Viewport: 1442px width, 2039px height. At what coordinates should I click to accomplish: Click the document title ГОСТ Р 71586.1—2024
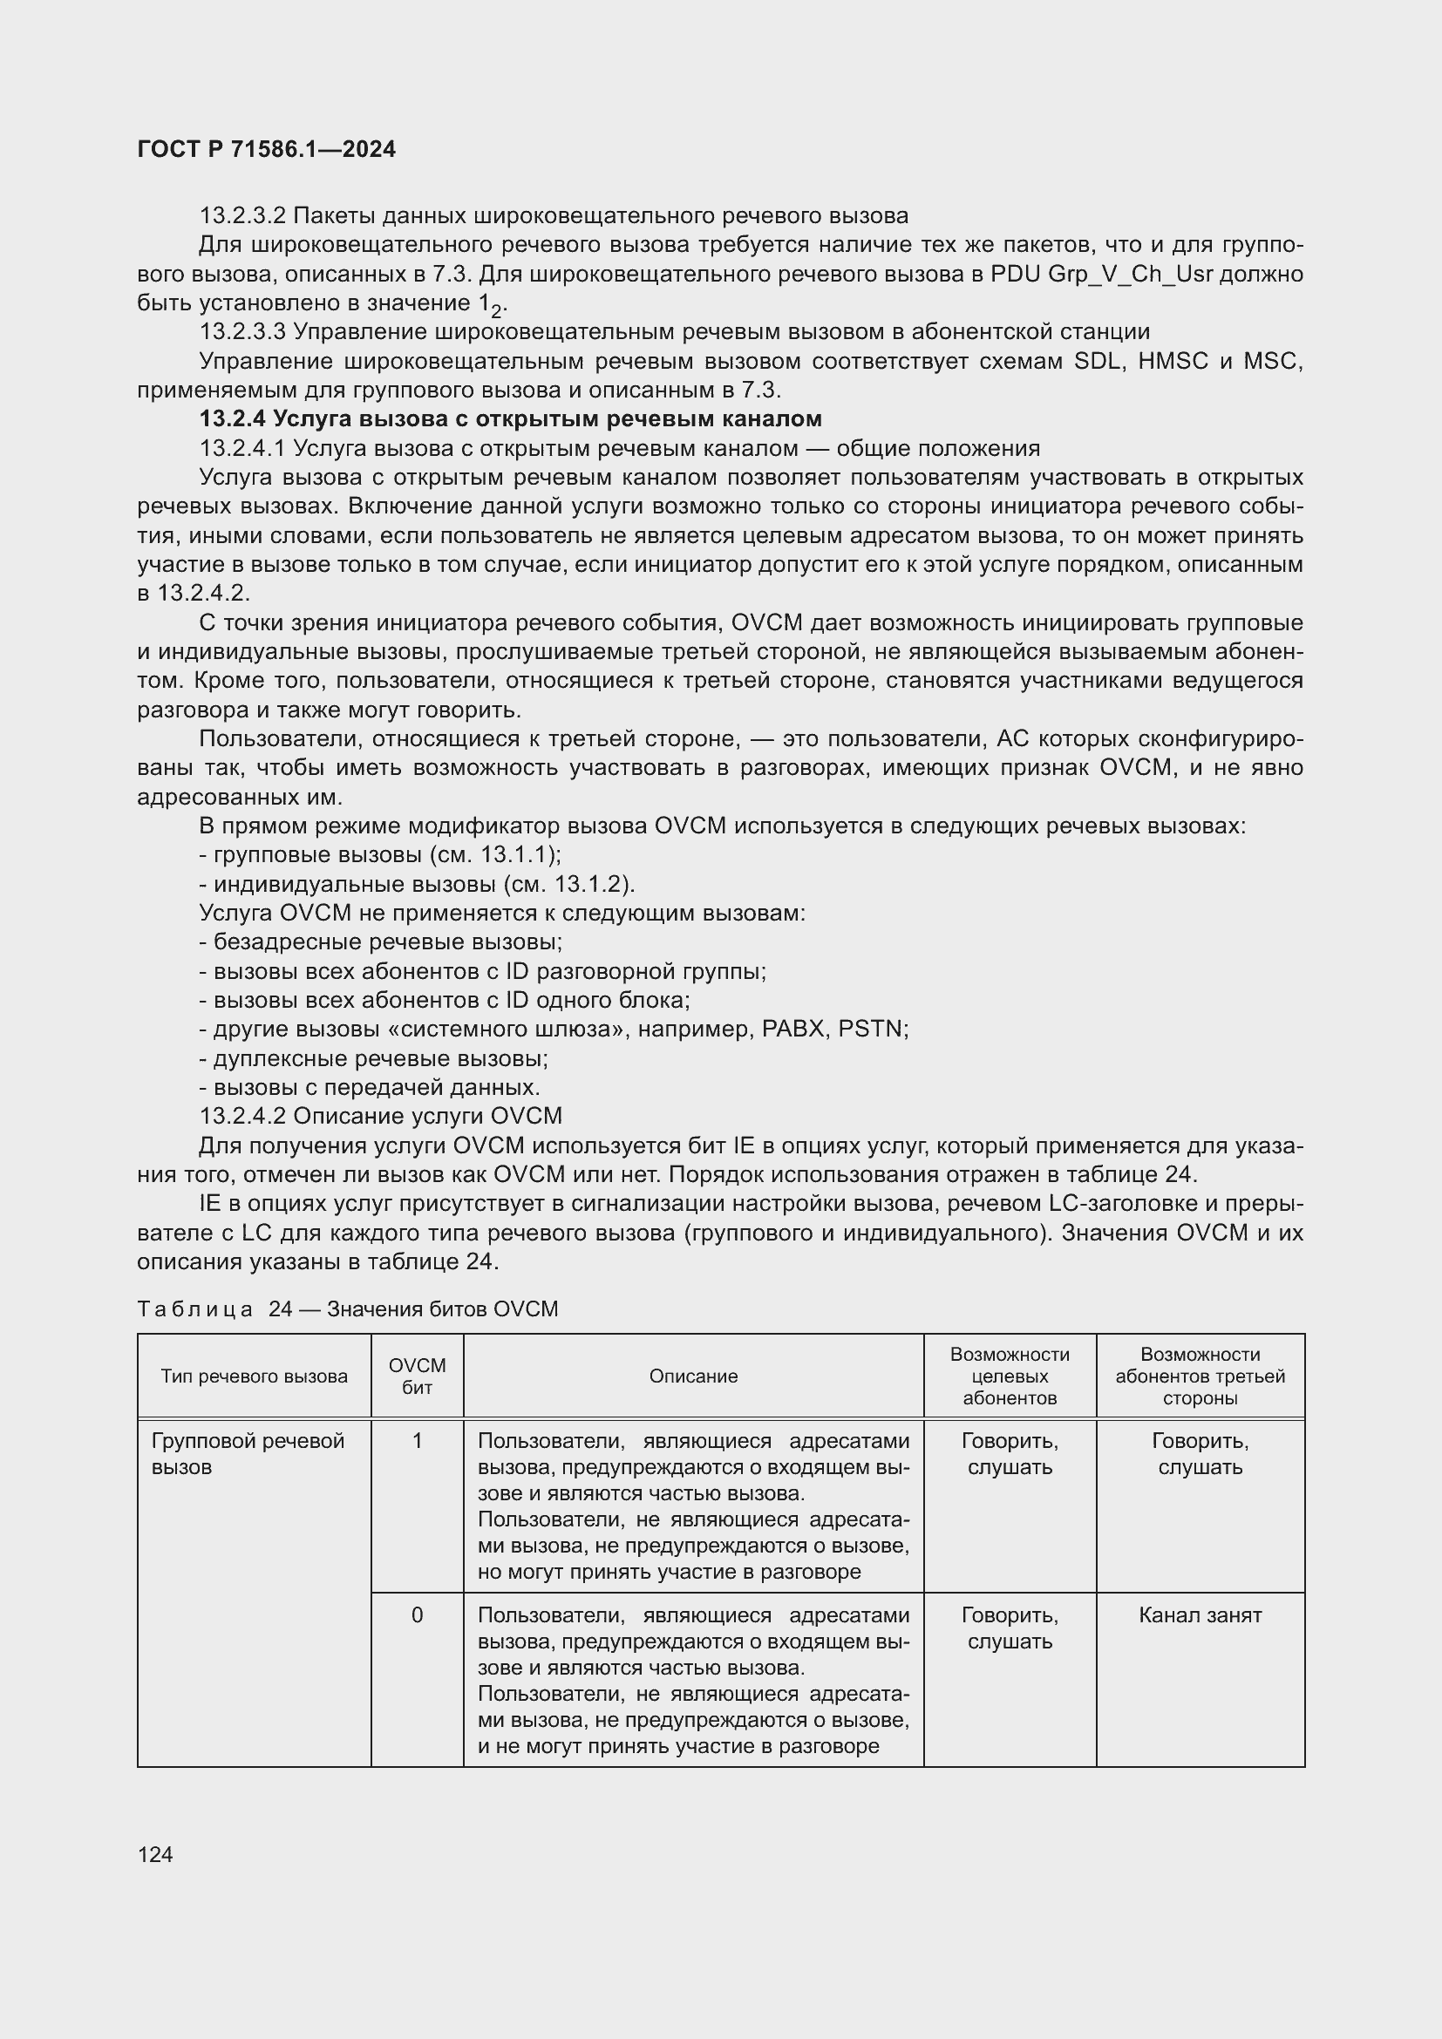click(x=267, y=149)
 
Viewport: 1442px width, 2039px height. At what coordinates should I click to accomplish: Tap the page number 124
click(x=155, y=1854)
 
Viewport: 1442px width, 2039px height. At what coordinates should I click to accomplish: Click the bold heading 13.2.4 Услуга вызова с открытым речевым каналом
click(x=511, y=418)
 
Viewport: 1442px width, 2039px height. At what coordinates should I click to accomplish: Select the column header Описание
click(x=692, y=1376)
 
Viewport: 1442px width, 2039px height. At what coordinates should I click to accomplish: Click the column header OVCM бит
click(x=418, y=1376)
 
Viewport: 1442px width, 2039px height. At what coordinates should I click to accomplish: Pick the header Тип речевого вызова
click(x=254, y=1376)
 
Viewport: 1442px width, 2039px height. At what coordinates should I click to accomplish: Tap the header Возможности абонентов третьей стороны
click(x=1200, y=1376)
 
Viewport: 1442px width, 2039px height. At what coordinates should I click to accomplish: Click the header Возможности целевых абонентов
click(x=1010, y=1376)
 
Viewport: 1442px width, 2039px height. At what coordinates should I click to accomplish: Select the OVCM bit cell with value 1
click(x=418, y=1441)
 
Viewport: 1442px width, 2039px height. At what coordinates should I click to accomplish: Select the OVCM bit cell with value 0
click(x=418, y=1615)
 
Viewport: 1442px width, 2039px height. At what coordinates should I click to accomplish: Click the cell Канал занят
click(x=1200, y=1615)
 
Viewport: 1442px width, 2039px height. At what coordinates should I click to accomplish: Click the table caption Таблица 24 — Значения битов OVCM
click(x=347, y=1309)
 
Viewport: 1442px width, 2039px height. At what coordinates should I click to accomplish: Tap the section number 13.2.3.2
click(x=242, y=216)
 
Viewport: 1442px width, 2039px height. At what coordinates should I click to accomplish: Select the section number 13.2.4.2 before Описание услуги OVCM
click(x=242, y=1117)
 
